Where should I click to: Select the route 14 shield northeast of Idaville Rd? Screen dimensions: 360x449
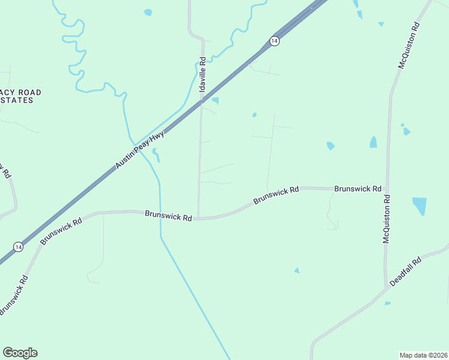click(274, 41)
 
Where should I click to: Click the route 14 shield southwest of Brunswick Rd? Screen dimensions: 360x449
click(19, 247)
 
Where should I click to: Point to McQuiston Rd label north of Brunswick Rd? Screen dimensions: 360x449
click(409, 46)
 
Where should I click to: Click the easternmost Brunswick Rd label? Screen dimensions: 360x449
click(358, 188)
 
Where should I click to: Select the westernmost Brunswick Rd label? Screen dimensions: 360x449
click(61, 231)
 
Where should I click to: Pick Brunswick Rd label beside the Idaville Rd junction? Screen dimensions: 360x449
click(168, 216)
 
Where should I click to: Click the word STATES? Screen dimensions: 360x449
click(16, 100)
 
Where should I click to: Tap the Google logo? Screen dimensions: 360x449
click(20, 353)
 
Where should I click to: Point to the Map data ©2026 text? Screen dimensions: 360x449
click(423, 355)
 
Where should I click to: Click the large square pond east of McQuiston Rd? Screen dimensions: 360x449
click(420, 206)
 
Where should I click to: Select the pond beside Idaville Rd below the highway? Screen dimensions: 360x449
click(215, 101)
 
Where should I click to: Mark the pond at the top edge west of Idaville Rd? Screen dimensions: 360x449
click(148, 12)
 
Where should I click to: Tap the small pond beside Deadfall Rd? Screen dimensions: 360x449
click(388, 303)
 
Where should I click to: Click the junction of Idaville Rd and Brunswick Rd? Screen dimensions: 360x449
click(199, 218)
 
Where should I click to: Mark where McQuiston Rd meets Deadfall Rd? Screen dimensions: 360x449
click(385, 287)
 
